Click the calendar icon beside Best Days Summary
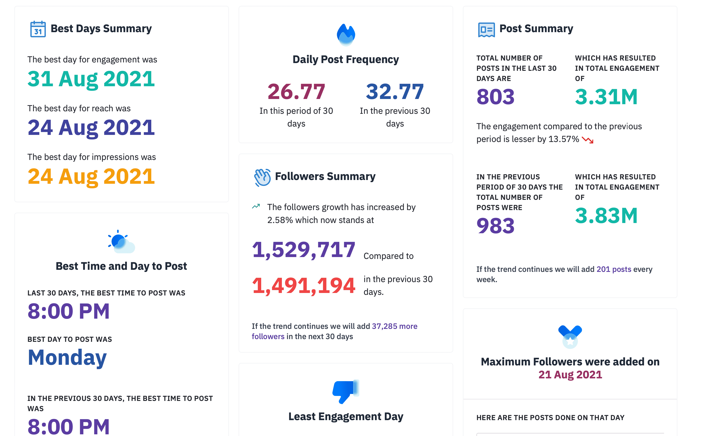tap(38, 29)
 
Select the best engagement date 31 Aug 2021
tap(91, 79)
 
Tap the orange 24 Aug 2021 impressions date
tap(91, 176)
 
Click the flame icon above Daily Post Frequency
tap(346, 35)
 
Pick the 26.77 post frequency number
tap(296, 92)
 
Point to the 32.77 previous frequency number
tap(395, 92)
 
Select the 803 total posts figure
tap(495, 97)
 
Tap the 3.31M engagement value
tap(606, 97)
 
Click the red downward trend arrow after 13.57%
tap(587, 140)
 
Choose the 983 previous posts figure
tap(495, 226)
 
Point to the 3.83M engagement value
tap(606, 216)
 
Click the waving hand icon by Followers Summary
tap(262, 177)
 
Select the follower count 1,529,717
tap(303, 250)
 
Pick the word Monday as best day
tap(67, 357)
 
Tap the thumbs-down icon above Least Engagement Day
tap(345, 391)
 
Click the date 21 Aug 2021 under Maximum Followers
tap(570, 375)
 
